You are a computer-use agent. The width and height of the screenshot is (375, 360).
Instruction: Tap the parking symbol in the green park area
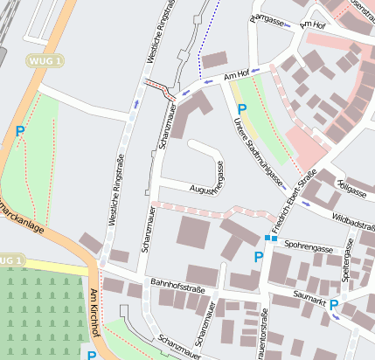click(20, 132)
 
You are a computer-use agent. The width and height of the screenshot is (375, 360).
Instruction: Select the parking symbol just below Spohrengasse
click(258, 257)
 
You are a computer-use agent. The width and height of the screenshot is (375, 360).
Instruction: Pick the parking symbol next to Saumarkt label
click(333, 304)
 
